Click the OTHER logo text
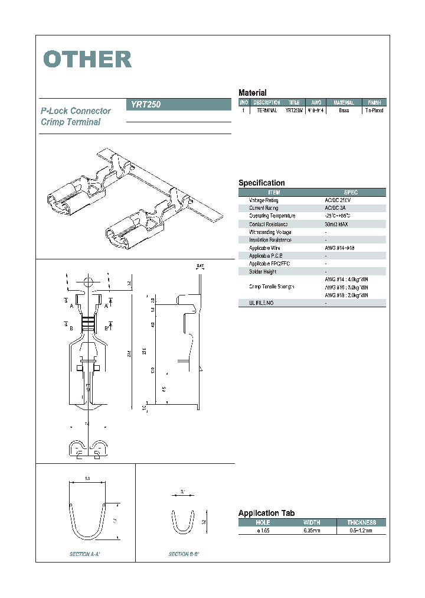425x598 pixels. tap(87, 59)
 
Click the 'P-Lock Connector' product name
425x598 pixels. tap(76, 111)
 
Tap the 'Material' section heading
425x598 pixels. tap(252, 93)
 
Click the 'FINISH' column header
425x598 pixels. tap(374, 103)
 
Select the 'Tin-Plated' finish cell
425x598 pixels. tap(374, 110)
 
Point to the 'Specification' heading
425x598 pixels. tap(261, 183)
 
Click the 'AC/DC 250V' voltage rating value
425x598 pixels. tap(338, 200)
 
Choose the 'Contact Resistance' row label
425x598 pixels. tap(269, 224)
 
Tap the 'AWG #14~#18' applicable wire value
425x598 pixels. tap(339, 248)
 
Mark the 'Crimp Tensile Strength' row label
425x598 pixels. tap(272, 287)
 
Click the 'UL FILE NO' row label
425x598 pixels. tap(261, 303)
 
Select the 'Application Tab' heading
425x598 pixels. tap(266, 513)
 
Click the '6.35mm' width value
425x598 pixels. tap(312, 531)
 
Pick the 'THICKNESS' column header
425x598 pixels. tap(361, 522)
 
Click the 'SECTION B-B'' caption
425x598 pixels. tap(184, 554)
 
